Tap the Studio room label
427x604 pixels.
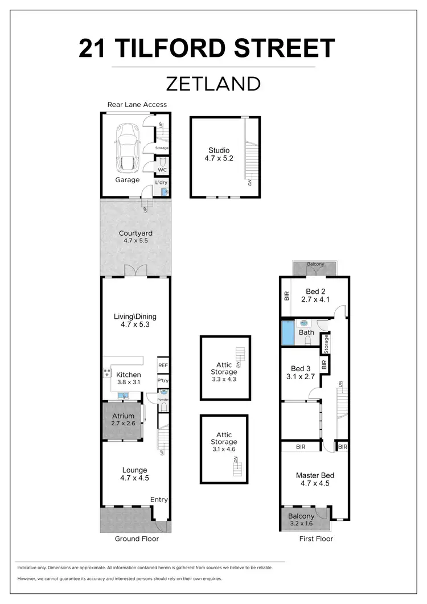pyautogui.click(x=219, y=150)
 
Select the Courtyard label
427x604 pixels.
pyautogui.click(x=136, y=233)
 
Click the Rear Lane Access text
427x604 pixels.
pyautogui.click(x=137, y=104)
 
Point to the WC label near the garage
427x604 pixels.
pyautogui.click(x=162, y=170)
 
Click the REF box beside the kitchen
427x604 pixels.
pyautogui.click(x=163, y=365)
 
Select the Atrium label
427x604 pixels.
pyautogui.click(x=123, y=416)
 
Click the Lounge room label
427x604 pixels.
pyautogui.click(x=134, y=470)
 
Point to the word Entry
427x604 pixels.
pyautogui.click(x=159, y=500)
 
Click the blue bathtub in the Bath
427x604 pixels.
pyautogui.click(x=288, y=332)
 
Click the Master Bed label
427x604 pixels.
pyautogui.click(x=314, y=475)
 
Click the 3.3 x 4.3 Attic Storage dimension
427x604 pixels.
pyautogui.click(x=224, y=379)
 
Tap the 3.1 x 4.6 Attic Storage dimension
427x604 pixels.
pyautogui.click(x=224, y=449)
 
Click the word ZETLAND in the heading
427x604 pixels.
pyautogui.click(x=213, y=84)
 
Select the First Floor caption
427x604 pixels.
pyautogui.click(x=316, y=539)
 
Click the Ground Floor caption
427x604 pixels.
pyautogui.click(x=137, y=539)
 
